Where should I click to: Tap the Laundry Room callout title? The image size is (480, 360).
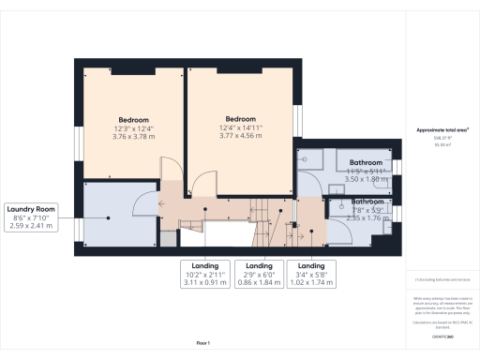pyautogui.click(x=32, y=209)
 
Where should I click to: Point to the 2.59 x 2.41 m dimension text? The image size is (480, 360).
pyautogui.click(x=32, y=226)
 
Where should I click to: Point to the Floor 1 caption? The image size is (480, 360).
pyautogui.click(x=203, y=343)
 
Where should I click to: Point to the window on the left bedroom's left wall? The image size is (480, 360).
pyautogui.click(x=78, y=122)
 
